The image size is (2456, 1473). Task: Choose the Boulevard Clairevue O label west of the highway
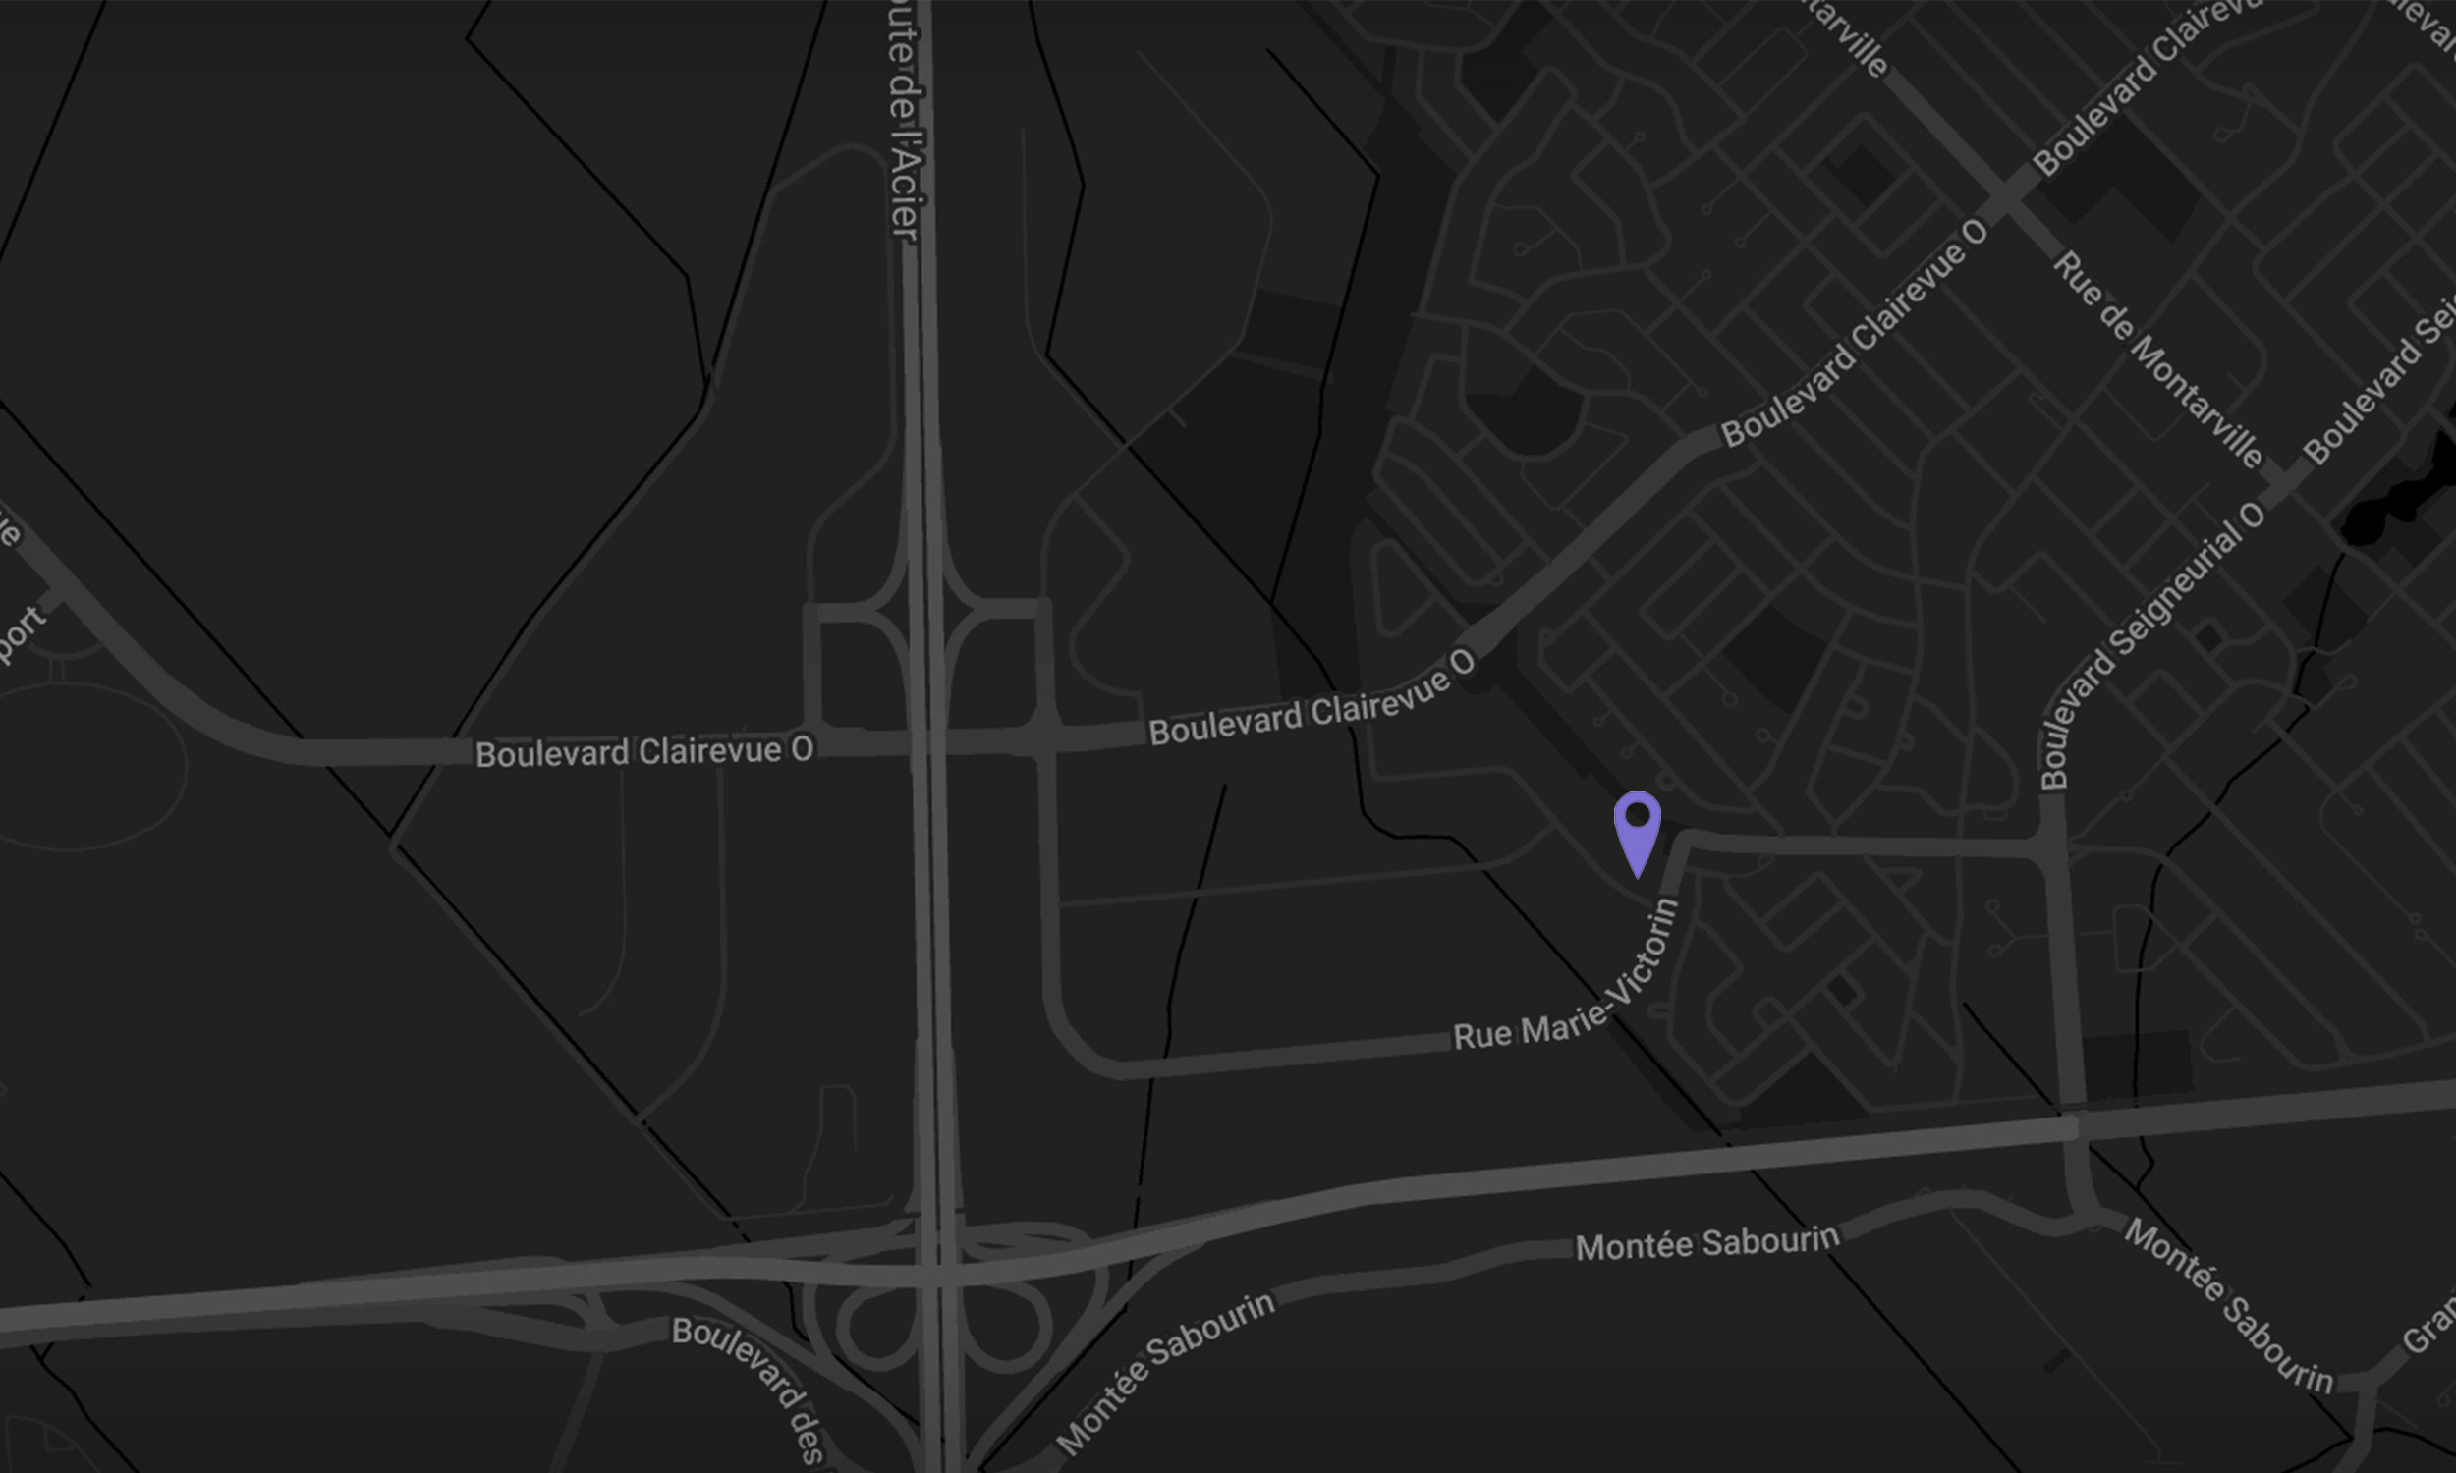click(643, 751)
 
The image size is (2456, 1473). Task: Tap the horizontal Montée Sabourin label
click(1706, 1242)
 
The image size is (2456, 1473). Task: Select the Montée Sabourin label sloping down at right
click(2227, 1304)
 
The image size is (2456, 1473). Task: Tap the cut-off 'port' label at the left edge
click(20, 634)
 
